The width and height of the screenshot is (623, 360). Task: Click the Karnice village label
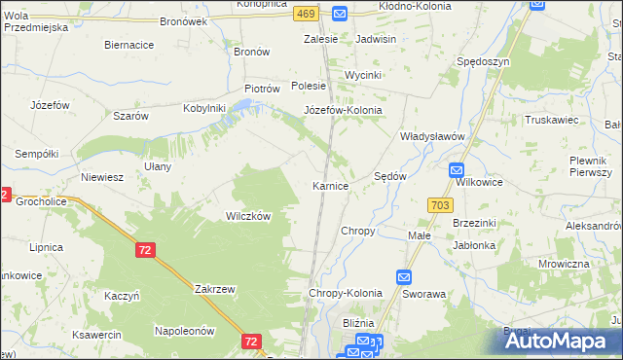click(x=330, y=185)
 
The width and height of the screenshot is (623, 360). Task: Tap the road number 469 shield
click(x=307, y=13)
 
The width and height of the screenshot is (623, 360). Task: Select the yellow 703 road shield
click(x=438, y=204)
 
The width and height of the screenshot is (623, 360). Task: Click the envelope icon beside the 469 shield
click(x=339, y=13)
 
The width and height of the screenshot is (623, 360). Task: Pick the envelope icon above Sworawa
click(x=405, y=276)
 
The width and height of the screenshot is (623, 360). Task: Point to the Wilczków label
click(x=248, y=216)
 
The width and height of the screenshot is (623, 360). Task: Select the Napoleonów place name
click(x=184, y=331)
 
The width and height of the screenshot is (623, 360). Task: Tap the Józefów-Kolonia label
click(x=343, y=110)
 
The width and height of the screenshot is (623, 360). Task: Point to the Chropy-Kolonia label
click(x=346, y=293)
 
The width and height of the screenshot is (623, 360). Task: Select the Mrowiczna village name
click(x=564, y=264)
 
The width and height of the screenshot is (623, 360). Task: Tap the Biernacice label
click(x=128, y=45)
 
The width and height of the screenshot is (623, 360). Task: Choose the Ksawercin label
click(x=95, y=334)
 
